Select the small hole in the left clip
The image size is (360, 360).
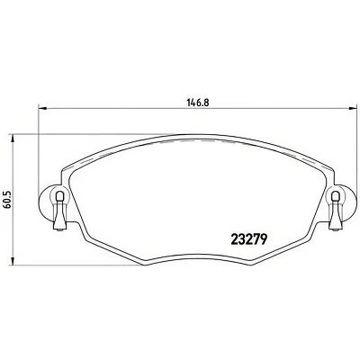tap(58, 198)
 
